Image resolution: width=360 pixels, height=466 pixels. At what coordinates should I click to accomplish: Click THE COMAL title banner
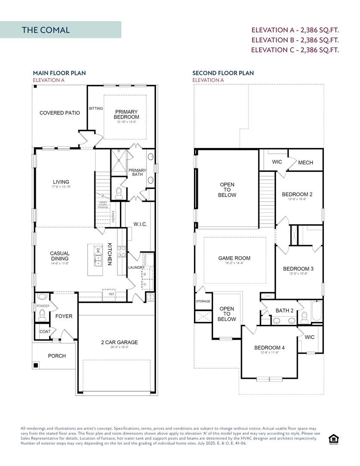(60, 30)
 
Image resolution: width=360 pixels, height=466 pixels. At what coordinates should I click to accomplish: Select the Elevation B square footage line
(295, 40)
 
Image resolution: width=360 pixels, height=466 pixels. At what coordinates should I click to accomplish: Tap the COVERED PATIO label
(59, 113)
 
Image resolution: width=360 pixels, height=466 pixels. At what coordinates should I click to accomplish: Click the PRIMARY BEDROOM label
(126, 114)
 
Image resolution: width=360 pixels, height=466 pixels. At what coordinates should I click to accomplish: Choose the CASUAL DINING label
(59, 256)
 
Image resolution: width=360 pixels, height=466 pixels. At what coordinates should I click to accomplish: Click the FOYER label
(64, 316)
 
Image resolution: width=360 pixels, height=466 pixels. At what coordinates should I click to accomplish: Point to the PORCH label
(57, 356)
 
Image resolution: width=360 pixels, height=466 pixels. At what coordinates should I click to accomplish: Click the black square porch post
(36, 365)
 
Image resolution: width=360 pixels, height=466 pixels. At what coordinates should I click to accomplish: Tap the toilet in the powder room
(42, 316)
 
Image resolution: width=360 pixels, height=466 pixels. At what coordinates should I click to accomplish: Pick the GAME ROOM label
(234, 258)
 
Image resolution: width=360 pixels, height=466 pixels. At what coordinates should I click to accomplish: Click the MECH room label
(305, 163)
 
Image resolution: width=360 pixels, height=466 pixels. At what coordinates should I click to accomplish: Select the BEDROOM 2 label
(297, 195)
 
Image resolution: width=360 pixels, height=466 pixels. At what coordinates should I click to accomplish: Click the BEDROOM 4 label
(269, 348)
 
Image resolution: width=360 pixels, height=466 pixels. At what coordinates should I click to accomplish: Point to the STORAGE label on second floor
(203, 301)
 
